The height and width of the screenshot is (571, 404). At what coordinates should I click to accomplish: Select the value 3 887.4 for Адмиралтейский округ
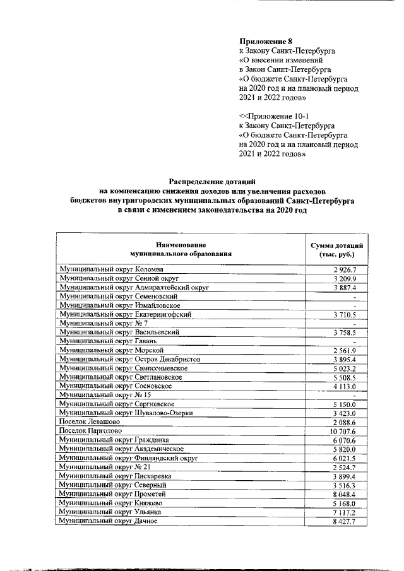(x=345, y=288)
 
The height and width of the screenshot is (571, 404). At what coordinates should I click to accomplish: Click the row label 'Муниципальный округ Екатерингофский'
(x=125, y=314)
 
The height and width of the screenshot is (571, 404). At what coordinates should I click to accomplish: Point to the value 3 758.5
(x=345, y=333)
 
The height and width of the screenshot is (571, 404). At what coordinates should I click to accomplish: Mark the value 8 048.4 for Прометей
(x=345, y=494)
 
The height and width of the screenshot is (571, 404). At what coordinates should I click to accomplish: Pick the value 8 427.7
(x=345, y=521)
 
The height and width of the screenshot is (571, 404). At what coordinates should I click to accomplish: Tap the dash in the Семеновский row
(x=355, y=297)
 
